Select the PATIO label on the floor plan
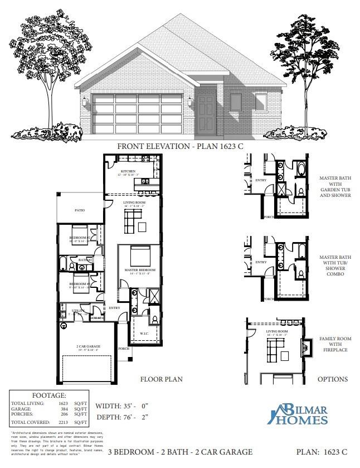[x=80, y=211]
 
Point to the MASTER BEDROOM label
[x=139, y=270]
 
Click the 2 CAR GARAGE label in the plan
[x=89, y=347]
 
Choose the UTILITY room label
[x=78, y=311]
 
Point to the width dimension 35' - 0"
[x=133, y=406]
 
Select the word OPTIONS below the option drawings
[x=332, y=379]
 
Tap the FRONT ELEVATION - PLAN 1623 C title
[x=180, y=146]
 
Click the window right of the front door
[x=236, y=103]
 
